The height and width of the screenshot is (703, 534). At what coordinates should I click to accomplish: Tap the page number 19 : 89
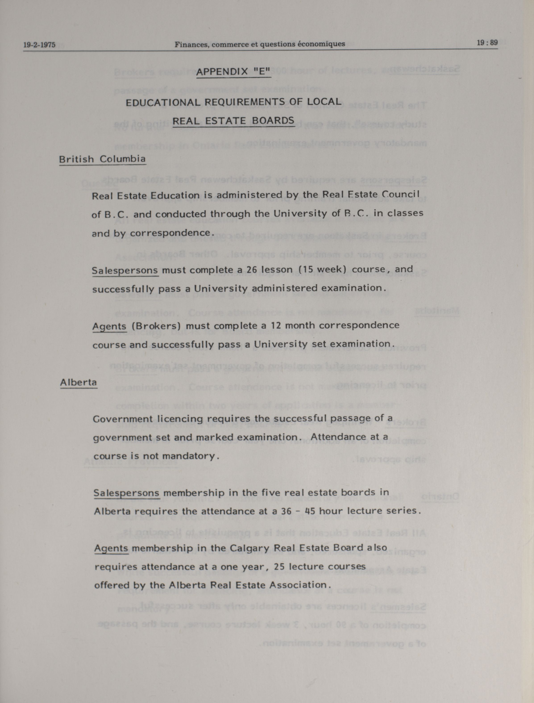[487, 43]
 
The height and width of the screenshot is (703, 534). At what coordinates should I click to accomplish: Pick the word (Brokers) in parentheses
[156, 326]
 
